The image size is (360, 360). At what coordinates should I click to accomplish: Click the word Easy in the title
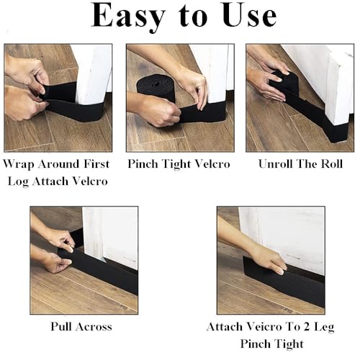(x=128, y=17)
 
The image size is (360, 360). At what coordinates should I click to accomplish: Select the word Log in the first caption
(x=18, y=181)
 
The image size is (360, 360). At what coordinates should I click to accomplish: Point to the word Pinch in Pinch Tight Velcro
(x=143, y=164)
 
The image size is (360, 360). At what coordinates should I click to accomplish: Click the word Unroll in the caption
(x=276, y=164)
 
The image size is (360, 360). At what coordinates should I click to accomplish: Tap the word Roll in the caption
(x=332, y=164)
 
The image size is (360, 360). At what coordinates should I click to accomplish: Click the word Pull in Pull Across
(x=61, y=326)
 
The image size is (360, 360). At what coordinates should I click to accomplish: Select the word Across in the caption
(x=94, y=327)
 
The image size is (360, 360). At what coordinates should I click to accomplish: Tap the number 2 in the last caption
(x=306, y=327)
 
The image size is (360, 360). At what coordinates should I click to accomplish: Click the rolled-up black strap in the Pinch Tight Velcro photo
(x=156, y=88)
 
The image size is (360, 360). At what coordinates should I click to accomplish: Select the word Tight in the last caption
(x=289, y=344)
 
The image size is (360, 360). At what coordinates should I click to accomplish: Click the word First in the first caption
(x=96, y=164)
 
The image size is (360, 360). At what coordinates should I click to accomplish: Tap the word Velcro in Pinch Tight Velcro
(x=212, y=164)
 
